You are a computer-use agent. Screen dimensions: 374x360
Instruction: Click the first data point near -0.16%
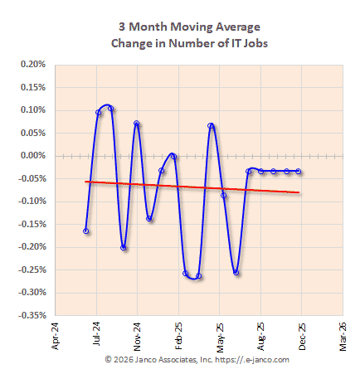click(x=85, y=231)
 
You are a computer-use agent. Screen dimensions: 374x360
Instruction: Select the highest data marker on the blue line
click(x=110, y=108)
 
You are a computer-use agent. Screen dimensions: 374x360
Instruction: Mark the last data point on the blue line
click(x=299, y=172)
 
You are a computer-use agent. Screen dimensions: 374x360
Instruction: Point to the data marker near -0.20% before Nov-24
click(x=124, y=247)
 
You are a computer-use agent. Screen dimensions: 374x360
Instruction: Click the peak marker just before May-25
click(x=212, y=126)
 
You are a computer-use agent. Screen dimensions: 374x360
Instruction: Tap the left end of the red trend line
click(x=85, y=182)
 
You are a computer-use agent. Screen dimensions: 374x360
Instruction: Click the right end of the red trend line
click(x=299, y=192)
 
